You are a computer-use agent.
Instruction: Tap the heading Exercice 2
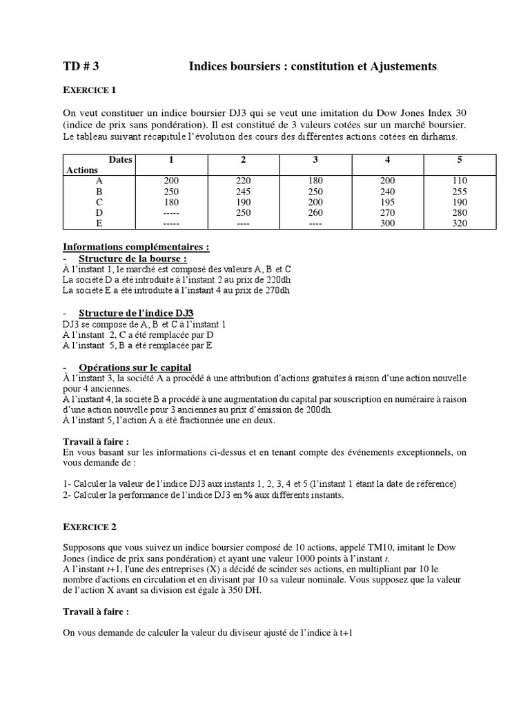click(90, 527)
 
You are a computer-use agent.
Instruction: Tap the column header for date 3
click(315, 160)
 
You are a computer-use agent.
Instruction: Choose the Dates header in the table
click(119, 159)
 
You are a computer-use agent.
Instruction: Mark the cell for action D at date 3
click(315, 212)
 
